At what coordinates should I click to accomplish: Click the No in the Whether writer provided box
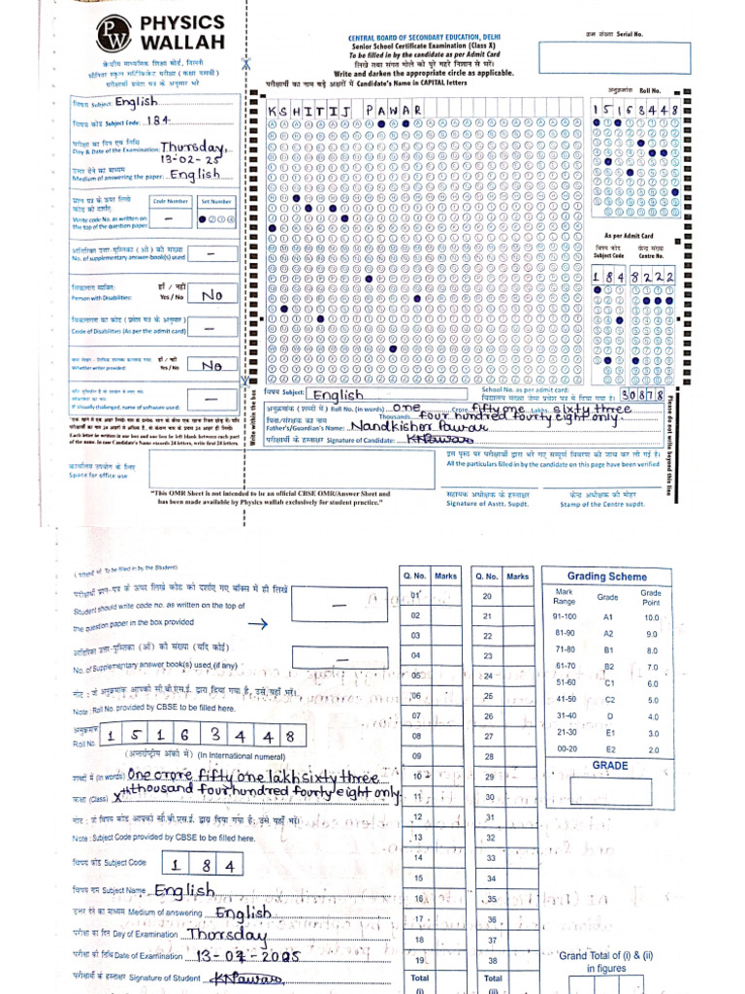tap(211, 365)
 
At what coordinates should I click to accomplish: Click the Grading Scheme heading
tap(606, 576)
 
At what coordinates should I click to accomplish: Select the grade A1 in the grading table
tap(609, 617)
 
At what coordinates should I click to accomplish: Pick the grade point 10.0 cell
tap(651, 617)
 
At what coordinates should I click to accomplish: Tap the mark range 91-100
tap(564, 617)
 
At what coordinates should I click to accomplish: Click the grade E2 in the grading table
tap(609, 749)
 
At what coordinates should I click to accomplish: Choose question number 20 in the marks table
tap(488, 596)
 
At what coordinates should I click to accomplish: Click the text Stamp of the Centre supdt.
tap(602, 503)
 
